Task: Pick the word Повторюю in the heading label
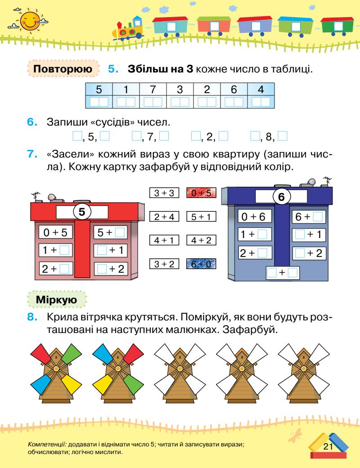click(x=63, y=71)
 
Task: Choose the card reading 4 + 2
click(x=201, y=241)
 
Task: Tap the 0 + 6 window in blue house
click(x=254, y=217)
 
